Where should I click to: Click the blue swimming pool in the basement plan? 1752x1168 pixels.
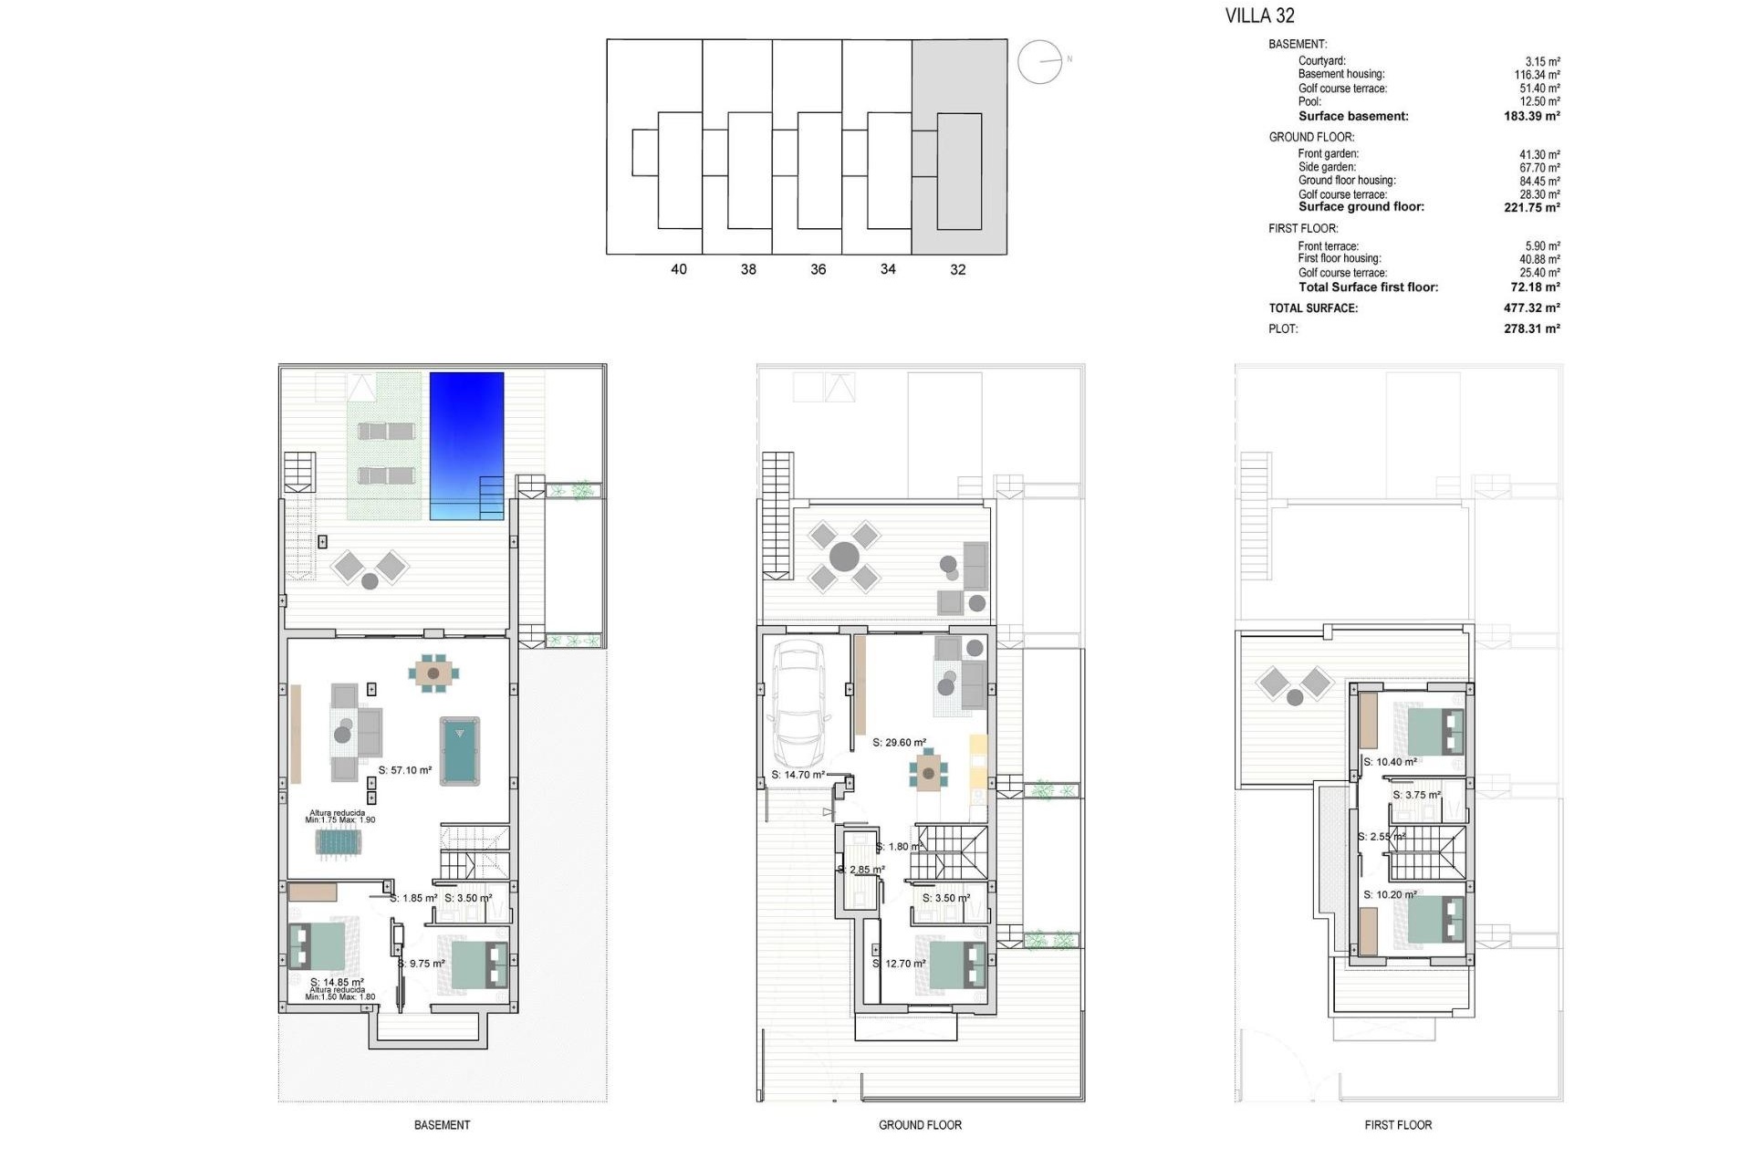[466, 444]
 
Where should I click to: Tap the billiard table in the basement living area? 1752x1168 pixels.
[460, 750]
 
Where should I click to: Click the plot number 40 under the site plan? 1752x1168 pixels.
[678, 269]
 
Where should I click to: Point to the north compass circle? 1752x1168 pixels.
[1039, 62]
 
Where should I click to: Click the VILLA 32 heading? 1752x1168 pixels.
[1259, 16]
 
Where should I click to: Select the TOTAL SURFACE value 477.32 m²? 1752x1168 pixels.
[1531, 308]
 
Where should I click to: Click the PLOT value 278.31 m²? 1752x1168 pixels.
[1531, 329]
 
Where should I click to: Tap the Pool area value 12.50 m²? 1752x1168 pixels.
[1539, 101]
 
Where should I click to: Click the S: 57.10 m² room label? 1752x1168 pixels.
[405, 770]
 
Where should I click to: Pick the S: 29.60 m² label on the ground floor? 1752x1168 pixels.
[899, 743]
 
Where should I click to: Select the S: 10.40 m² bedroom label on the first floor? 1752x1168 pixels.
[1390, 762]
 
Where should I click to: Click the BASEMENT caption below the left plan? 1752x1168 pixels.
[442, 1125]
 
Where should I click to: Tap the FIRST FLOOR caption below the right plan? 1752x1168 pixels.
[1398, 1125]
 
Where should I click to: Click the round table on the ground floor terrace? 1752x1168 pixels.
[844, 556]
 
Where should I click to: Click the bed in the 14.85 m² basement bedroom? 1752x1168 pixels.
[317, 946]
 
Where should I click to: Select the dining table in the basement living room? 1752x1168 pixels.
[433, 673]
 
